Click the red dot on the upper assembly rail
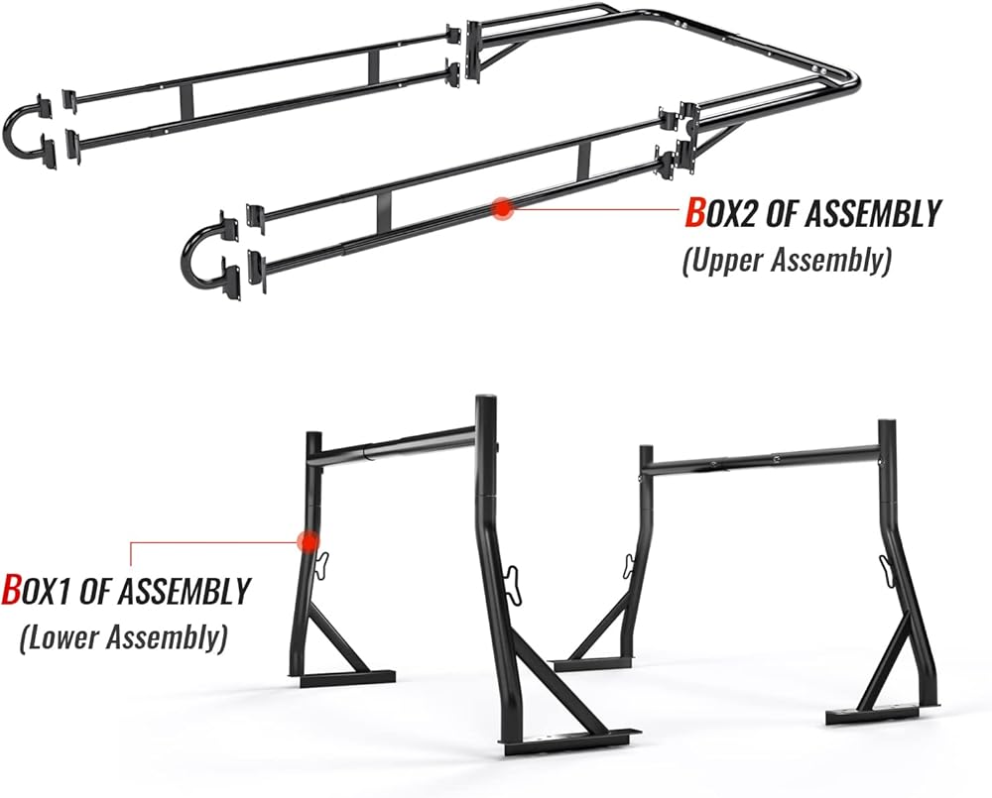point(502,207)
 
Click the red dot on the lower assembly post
point(308,541)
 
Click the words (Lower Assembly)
point(122,635)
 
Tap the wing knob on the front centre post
point(511,579)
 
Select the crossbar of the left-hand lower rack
point(397,446)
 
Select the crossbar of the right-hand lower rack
point(764,459)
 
